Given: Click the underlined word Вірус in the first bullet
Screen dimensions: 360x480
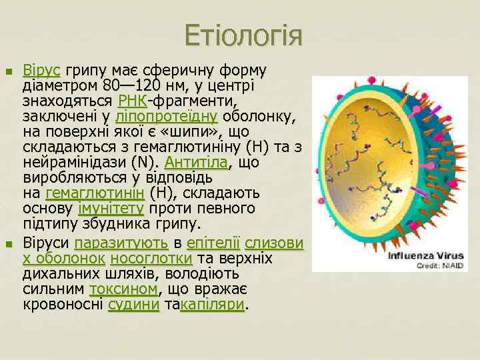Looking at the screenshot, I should (x=42, y=71).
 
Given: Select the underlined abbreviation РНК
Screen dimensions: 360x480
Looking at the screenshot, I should (x=132, y=101).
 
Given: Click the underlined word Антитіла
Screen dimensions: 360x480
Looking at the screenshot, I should (x=197, y=163).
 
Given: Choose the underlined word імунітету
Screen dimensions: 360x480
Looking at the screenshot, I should (x=109, y=209).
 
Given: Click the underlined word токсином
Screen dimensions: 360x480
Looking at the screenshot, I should (x=123, y=289).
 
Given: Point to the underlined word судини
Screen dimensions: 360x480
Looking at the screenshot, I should (x=133, y=305).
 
